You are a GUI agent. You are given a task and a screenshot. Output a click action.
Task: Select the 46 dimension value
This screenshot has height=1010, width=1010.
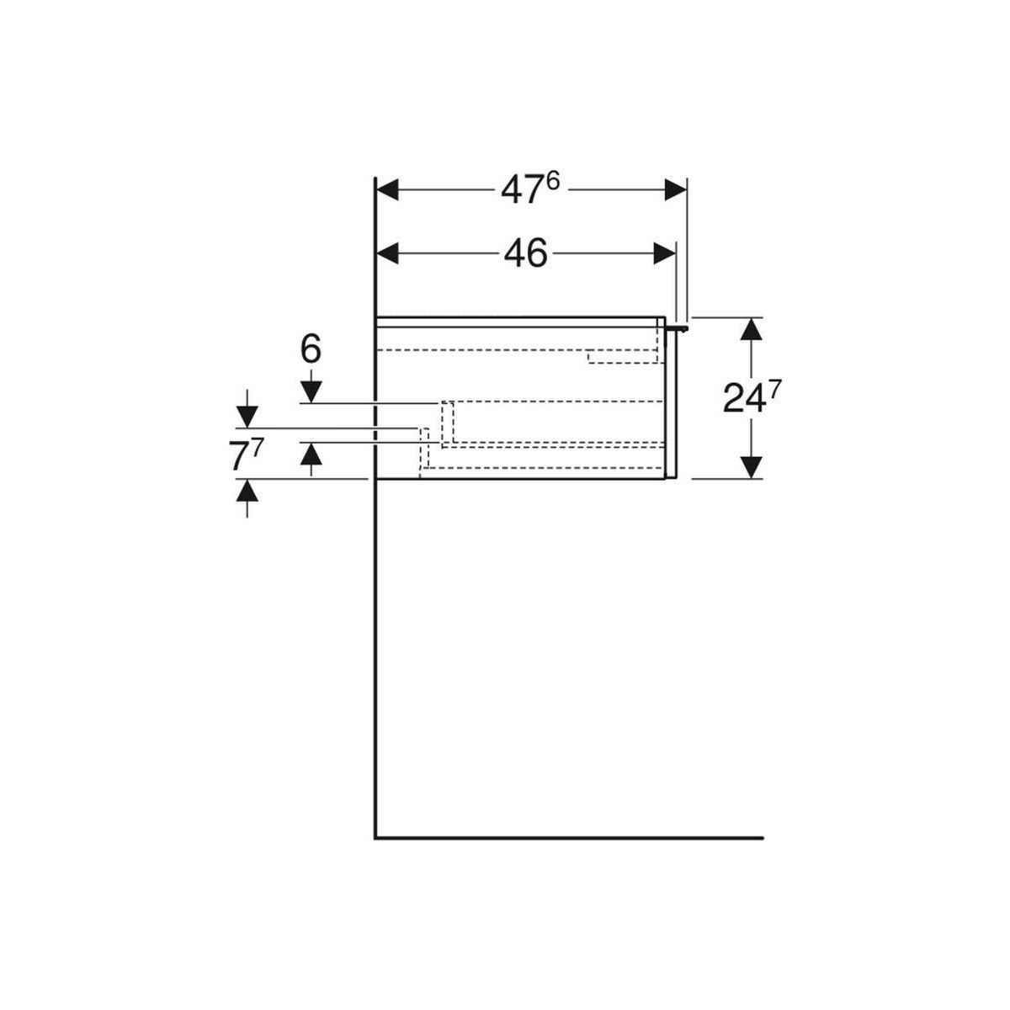[525, 253]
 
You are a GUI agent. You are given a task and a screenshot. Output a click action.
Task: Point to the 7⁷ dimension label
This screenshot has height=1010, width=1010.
[245, 455]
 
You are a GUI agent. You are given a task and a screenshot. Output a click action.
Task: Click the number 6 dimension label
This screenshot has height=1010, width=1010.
[311, 349]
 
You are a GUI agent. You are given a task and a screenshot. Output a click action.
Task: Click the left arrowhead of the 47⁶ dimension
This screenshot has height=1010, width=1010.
[388, 189]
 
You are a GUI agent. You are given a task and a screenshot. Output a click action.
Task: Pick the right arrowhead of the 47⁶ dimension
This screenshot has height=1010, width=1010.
[675, 189]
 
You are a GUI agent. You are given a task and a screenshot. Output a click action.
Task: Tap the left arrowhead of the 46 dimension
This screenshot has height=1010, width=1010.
[388, 253]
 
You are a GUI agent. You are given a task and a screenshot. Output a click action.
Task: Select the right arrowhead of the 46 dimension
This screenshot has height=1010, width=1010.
[664, 253]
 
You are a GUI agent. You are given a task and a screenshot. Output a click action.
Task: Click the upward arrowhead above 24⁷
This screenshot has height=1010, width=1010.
[752, 328]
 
